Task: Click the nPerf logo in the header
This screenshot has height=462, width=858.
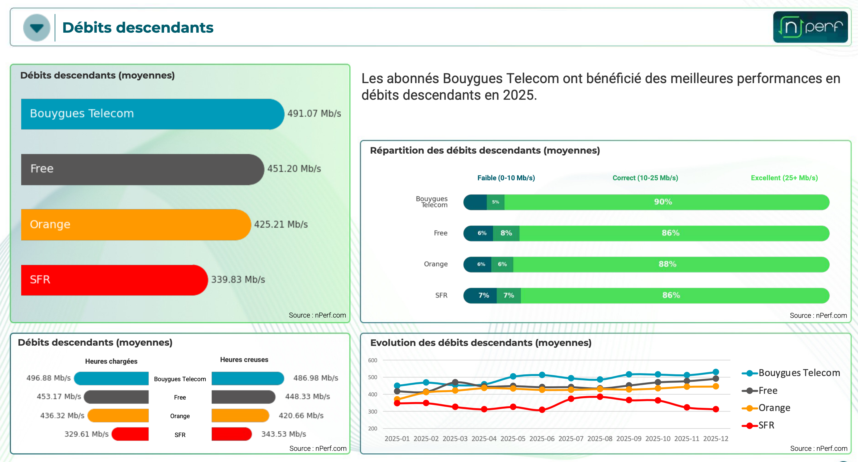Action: (x=810, y=27)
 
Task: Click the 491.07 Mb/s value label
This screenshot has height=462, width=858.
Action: (x=314, y=114)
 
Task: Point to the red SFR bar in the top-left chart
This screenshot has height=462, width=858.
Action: (x=113, y=280)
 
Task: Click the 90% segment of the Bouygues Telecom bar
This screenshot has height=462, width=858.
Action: (x=663, y=202)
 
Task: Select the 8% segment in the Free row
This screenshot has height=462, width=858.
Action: (x=506, y=233)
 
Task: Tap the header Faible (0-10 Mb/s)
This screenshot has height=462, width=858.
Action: (x=506, y=178)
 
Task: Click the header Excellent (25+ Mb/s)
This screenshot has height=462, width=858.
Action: (x=784, y=178)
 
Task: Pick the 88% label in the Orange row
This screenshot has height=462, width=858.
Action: (x=667, y=264)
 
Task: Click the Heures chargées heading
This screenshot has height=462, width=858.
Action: (x=111, y=361)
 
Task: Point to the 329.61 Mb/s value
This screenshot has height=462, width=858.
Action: (x=86, y=434)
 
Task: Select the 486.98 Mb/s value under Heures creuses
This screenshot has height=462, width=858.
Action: (x=315, y=378)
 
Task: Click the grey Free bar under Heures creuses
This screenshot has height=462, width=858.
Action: (x=243, y=397)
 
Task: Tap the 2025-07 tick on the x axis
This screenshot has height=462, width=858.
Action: (x=570, y=439)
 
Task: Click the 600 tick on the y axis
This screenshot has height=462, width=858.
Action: (x=372, y=360)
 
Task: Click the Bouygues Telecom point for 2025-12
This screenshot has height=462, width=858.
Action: (x=715, y=372)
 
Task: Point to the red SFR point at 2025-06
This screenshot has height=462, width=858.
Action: (x=542, y=410)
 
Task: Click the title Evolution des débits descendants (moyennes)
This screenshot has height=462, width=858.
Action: (x=481, y=343)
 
